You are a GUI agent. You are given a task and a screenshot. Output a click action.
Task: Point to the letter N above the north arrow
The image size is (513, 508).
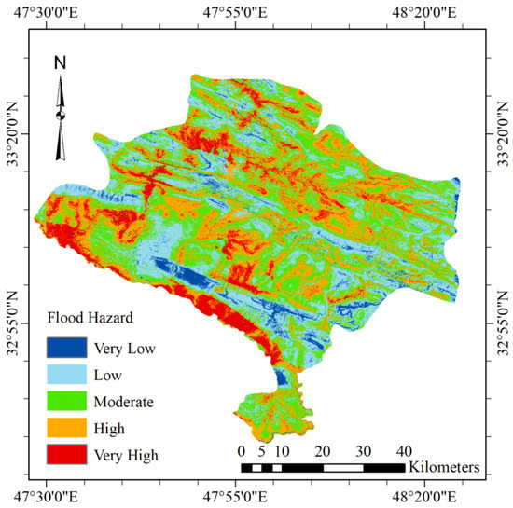60,63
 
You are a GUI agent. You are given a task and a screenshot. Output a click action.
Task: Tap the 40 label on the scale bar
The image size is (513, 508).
404,451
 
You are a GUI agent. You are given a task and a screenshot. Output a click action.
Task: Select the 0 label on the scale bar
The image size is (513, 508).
242,451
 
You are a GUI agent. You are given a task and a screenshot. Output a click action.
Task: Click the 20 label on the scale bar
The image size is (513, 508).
323,451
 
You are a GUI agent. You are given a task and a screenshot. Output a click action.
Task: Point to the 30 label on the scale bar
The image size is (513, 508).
364,451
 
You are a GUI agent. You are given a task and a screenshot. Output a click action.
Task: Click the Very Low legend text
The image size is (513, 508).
124,350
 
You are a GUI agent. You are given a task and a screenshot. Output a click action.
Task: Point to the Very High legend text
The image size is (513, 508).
127,456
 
